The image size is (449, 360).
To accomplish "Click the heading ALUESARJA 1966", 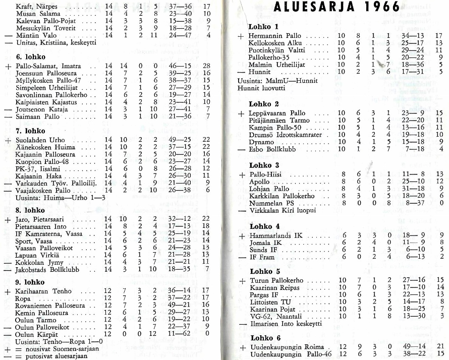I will coord(336,7).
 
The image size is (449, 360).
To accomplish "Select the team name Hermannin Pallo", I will coord(275,36).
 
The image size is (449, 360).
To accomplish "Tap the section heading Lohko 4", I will coord(264,226).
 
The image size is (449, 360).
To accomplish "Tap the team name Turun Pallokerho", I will coord(276,280).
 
